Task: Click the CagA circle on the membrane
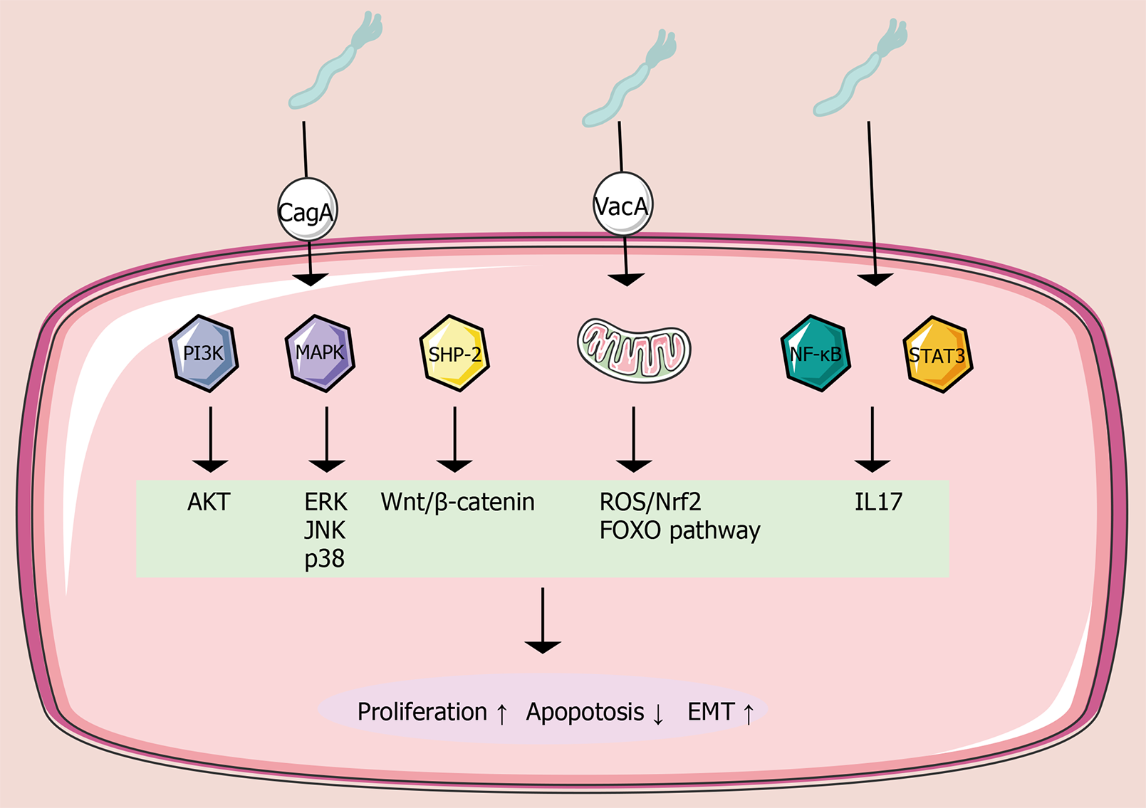(x=306, y=210)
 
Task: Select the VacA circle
(x=623, y=205)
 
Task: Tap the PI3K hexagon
(x=204, y=353)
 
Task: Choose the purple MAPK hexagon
(x=320, y=353)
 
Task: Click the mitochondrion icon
(x=633, y=350)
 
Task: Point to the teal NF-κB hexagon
(x=816, y=353)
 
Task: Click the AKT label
(x=209, y=502)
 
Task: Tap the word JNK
(x=325, y=530)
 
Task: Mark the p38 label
(x=325, y=559)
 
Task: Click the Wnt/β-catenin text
(x=457, y=502)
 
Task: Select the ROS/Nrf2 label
(x=650, y=502)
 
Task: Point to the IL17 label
(x=878, y=502)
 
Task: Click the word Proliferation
(x=422, y=712)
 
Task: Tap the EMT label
(x=711, y=712)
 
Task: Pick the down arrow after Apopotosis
(x=658, y=714)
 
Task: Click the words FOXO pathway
(x=679, y=531)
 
